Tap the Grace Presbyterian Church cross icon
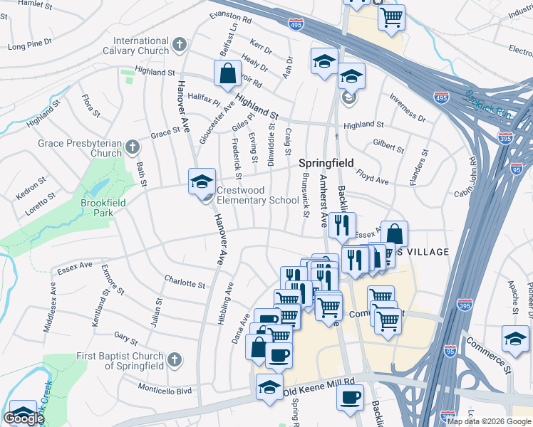[132, 148]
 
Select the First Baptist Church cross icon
[175, 361]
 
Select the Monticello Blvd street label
[165, 391]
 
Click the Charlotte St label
[185, 283]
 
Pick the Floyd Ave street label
[373, 178]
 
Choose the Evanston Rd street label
[231, 17]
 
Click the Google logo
[24, 418]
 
